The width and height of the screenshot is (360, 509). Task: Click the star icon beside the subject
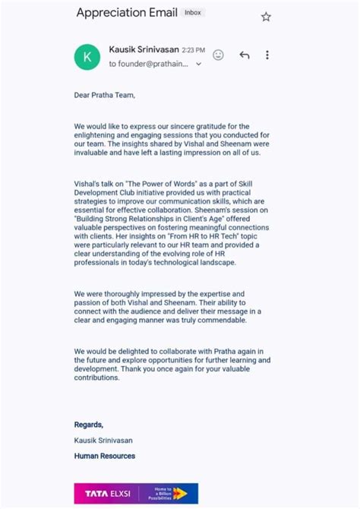tap(266, 17)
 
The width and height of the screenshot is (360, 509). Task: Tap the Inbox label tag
tap(194, 13)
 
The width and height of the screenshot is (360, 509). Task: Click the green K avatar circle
tap(87, 57)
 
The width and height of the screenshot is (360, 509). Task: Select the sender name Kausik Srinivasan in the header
tap(144, 50)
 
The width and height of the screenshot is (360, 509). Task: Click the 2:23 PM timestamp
tap(193, 51)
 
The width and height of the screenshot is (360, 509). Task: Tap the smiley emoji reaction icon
tap(219, 55)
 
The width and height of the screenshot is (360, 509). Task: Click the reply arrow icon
tap(244, 55)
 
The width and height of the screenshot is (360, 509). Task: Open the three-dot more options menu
tap(267, 55)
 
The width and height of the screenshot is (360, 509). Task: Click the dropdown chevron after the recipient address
tap(199, 65)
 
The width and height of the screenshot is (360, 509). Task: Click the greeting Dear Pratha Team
tap(105, 95)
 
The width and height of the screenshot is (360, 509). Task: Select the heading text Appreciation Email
tap(127, 13)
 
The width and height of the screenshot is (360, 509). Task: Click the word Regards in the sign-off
tap(88, 425)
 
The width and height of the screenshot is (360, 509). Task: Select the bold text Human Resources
tap(105, 456)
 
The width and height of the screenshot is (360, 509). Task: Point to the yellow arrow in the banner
tap(180, 493)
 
